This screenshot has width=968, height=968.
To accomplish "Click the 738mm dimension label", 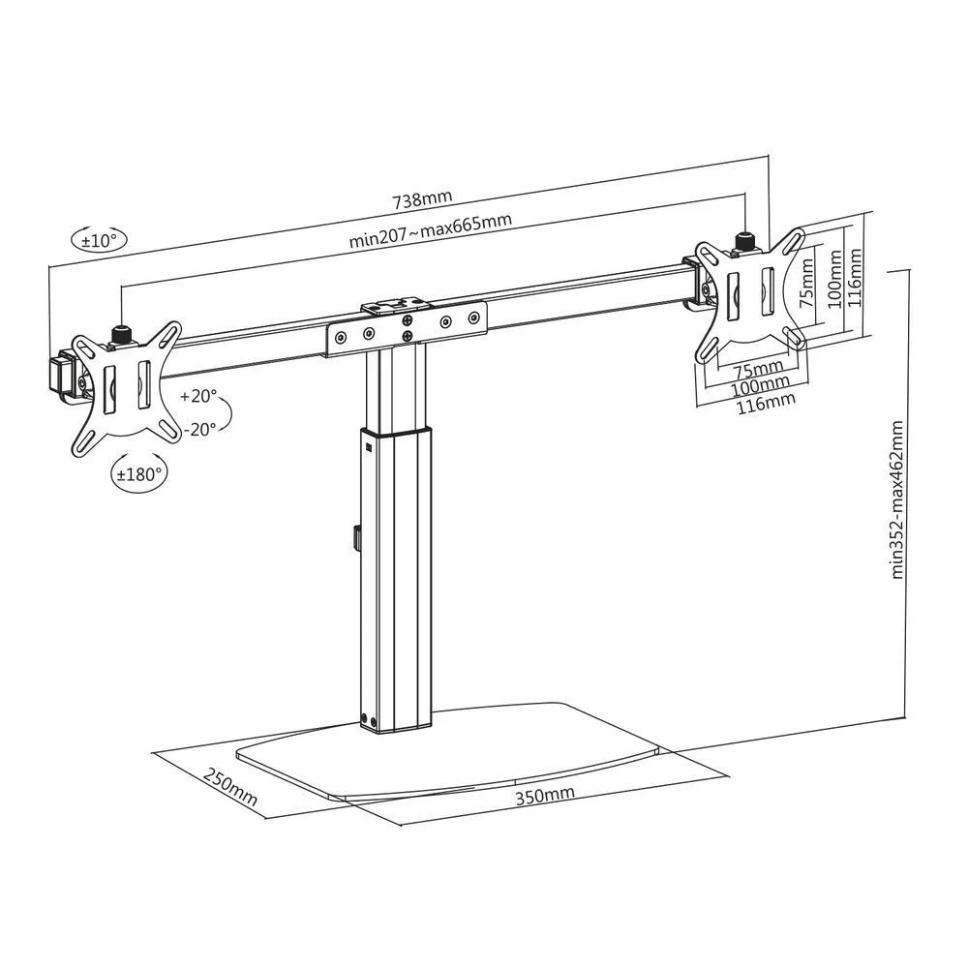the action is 422,198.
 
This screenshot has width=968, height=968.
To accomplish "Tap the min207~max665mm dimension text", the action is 431,230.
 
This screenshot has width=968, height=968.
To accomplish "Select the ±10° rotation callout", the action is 99,239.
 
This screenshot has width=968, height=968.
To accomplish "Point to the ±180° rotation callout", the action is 138,474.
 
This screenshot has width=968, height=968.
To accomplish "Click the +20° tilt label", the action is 198,396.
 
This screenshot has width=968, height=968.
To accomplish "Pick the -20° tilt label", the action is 199,429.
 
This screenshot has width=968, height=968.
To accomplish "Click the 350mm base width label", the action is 545,795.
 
